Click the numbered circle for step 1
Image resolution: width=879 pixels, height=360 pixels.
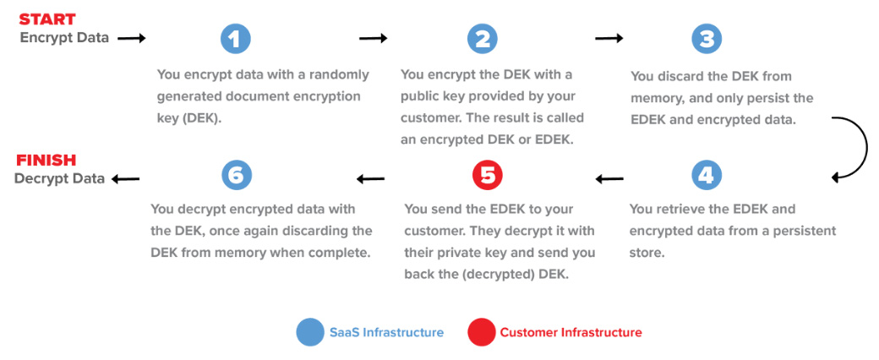pos(236,39)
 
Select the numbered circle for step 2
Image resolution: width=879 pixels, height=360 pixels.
pos(483,39)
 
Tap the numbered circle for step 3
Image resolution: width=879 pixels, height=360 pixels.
pos(707,39)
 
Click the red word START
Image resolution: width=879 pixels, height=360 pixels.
pos(48,19)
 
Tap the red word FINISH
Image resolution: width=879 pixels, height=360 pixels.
pos(46,160)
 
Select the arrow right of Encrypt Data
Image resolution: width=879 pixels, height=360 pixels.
pos(132,38)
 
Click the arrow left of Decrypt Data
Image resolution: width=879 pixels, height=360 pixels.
pos(125,178)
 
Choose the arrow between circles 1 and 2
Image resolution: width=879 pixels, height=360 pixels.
pos(373,38)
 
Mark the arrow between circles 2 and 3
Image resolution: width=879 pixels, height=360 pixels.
pos(609,38)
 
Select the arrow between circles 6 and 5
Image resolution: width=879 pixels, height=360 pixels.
pos(370,178)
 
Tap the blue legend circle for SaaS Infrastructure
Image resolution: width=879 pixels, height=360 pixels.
pos(310,332)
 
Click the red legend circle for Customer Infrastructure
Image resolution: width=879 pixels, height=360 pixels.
pos(481,332)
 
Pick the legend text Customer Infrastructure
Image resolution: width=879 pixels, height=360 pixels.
pos(571,332)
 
